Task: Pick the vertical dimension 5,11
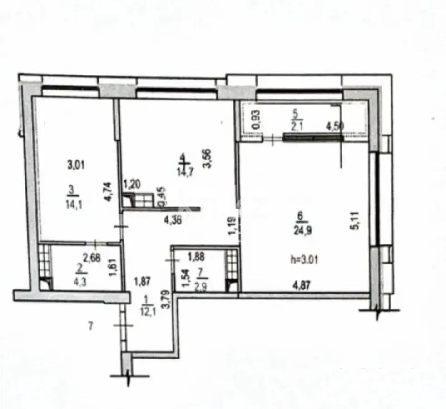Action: (x=355, y=220)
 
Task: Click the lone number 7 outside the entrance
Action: (x=90, y=325)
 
